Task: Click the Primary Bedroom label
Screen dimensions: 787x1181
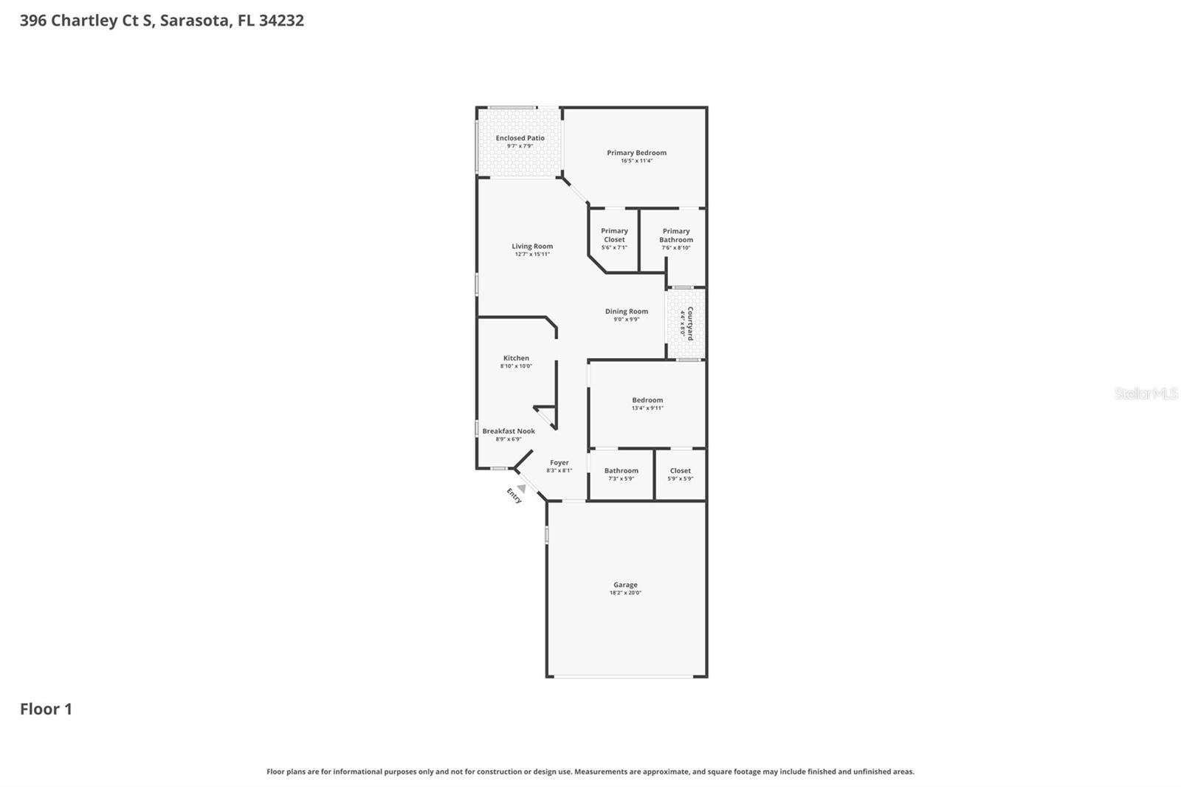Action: coord(636,153)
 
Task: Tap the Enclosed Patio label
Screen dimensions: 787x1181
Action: coord(520,138)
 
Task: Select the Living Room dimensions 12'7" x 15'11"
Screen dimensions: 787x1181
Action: coord(532,255)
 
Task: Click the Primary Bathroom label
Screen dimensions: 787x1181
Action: coord(676,235)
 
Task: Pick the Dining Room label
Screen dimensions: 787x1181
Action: coord(627,312)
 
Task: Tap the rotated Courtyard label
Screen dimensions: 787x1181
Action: coord(690,323)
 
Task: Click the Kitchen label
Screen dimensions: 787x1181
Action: coord(516,358)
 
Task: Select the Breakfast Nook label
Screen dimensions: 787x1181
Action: coord(509,431)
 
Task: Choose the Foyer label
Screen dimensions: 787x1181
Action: coord(559,463)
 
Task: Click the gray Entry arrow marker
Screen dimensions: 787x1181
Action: coord(522,488)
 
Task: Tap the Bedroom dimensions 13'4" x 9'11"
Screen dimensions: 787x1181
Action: coord(647,408)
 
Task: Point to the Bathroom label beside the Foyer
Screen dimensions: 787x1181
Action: coord(621,471)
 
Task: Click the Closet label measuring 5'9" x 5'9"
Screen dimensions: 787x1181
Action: coord(680,471)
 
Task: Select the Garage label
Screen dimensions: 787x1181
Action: coord(625,585)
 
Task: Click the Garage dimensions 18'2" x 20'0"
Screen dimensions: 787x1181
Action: coord(625,593)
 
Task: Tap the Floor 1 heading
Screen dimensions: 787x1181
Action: coord(46,709)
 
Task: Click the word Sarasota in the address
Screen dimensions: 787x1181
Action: coord(194,20)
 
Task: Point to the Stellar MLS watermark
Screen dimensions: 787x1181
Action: coord(1146,393)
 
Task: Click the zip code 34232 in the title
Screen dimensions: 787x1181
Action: coord(281,20)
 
